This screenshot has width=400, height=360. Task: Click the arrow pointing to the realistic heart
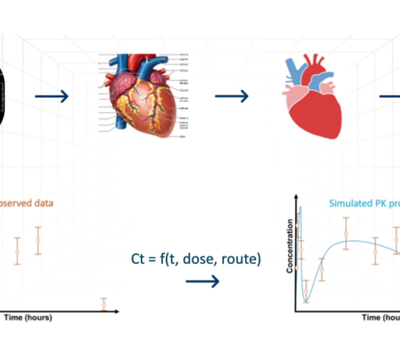tap(52, 97)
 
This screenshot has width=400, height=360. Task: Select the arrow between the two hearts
tap(232, 96)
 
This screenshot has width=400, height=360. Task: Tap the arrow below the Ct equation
tap(202, 281)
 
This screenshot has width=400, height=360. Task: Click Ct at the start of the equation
tap(138, 259)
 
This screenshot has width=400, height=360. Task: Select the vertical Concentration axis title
tap(290, 246)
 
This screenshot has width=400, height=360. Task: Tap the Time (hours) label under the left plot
tap(28, 317)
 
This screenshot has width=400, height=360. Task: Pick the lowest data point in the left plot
tap(104, 304)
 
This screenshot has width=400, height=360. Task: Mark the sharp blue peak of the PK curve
tap(300, 207)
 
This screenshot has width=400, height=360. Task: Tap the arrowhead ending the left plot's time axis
tap(117, 311)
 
